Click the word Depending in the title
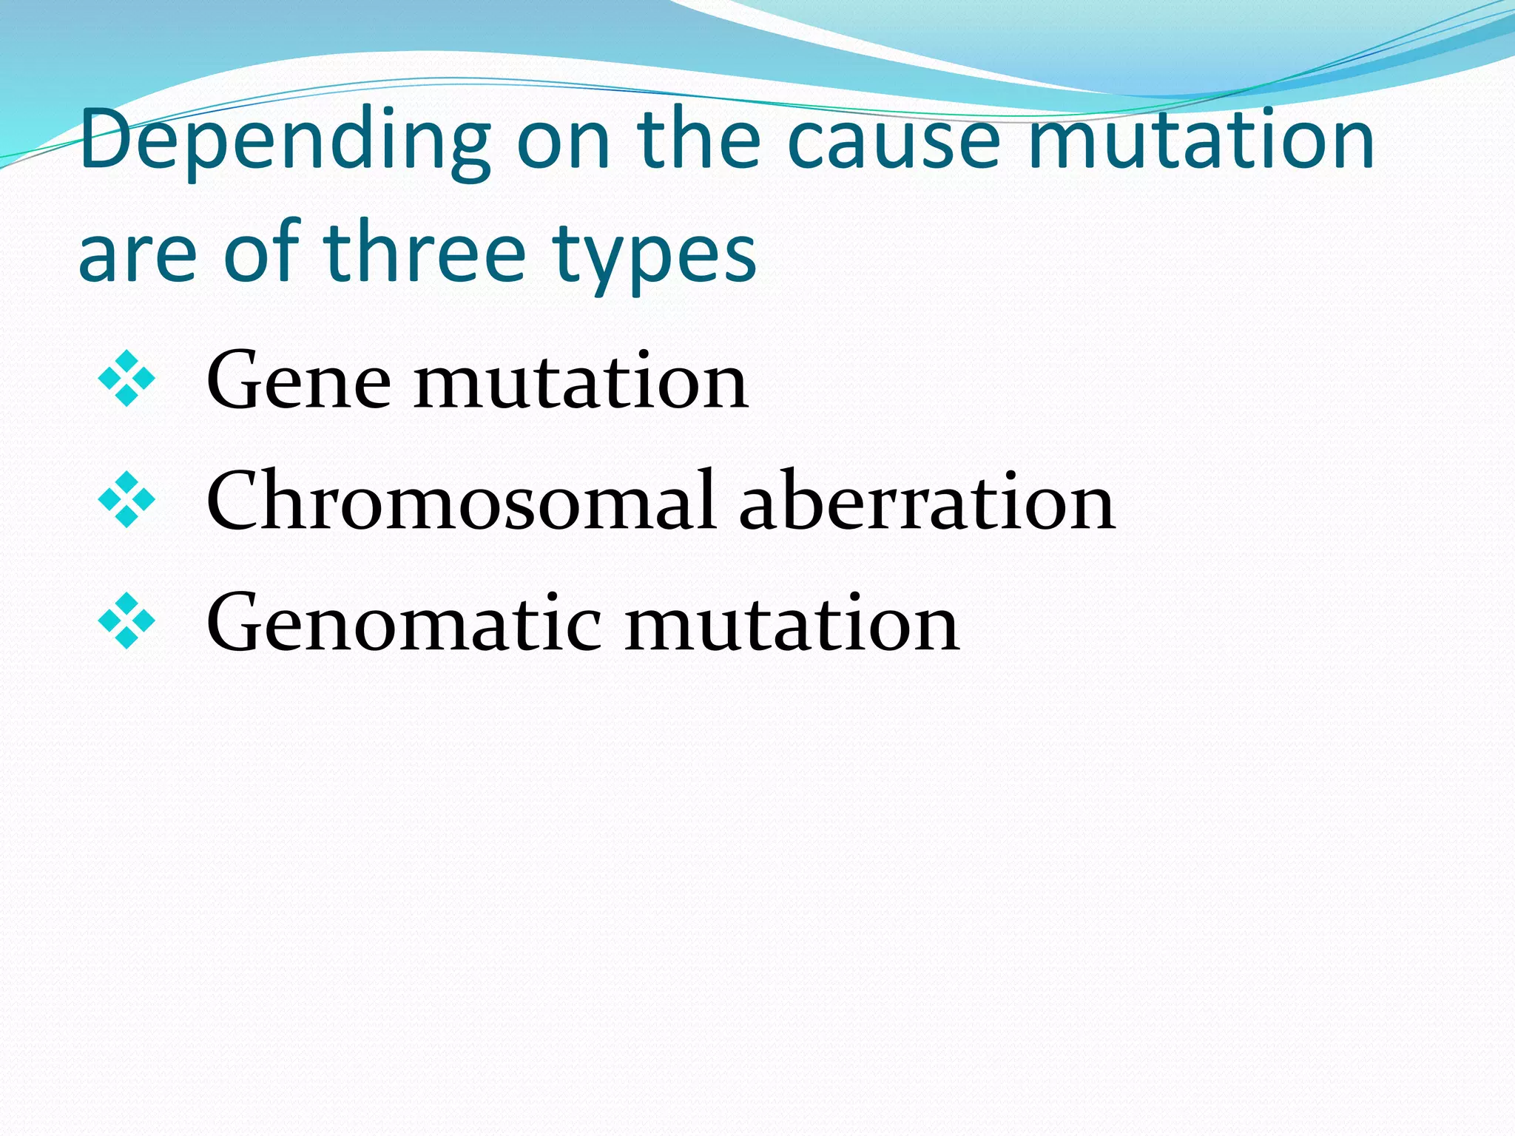pos(285,142)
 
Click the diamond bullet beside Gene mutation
pos(126,379)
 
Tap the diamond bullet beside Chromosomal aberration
pos(126,500)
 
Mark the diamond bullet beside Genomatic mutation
pos(126,621)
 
